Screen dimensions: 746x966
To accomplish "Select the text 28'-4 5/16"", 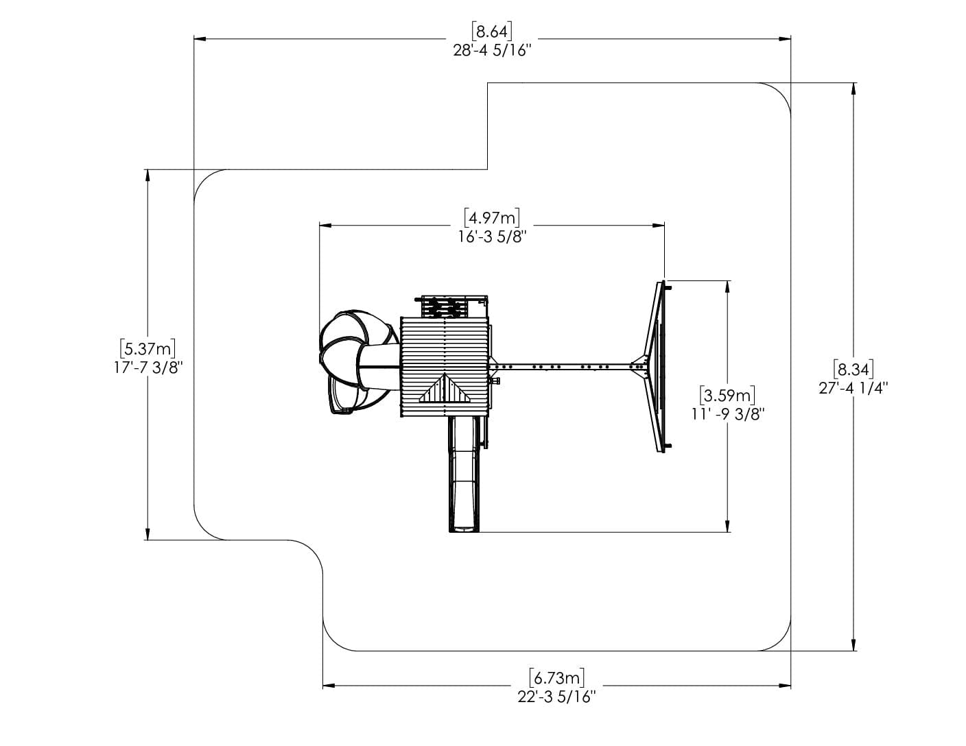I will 492,51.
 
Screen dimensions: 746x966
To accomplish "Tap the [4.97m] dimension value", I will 492,217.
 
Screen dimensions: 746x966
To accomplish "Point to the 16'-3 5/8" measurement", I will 492,237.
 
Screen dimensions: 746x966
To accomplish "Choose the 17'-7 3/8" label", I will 148,368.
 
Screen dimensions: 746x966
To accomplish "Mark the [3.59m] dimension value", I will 728,395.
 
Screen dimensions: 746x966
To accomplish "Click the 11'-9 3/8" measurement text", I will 728,414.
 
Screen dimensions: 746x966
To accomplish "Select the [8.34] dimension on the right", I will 853,369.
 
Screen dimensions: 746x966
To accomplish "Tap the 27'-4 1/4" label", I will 853,388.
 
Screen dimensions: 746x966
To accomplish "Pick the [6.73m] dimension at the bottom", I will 557,677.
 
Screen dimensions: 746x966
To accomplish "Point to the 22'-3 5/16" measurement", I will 557,697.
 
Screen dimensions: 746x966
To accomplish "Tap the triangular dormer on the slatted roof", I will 445,391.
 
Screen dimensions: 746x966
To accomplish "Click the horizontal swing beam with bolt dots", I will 563,366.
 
